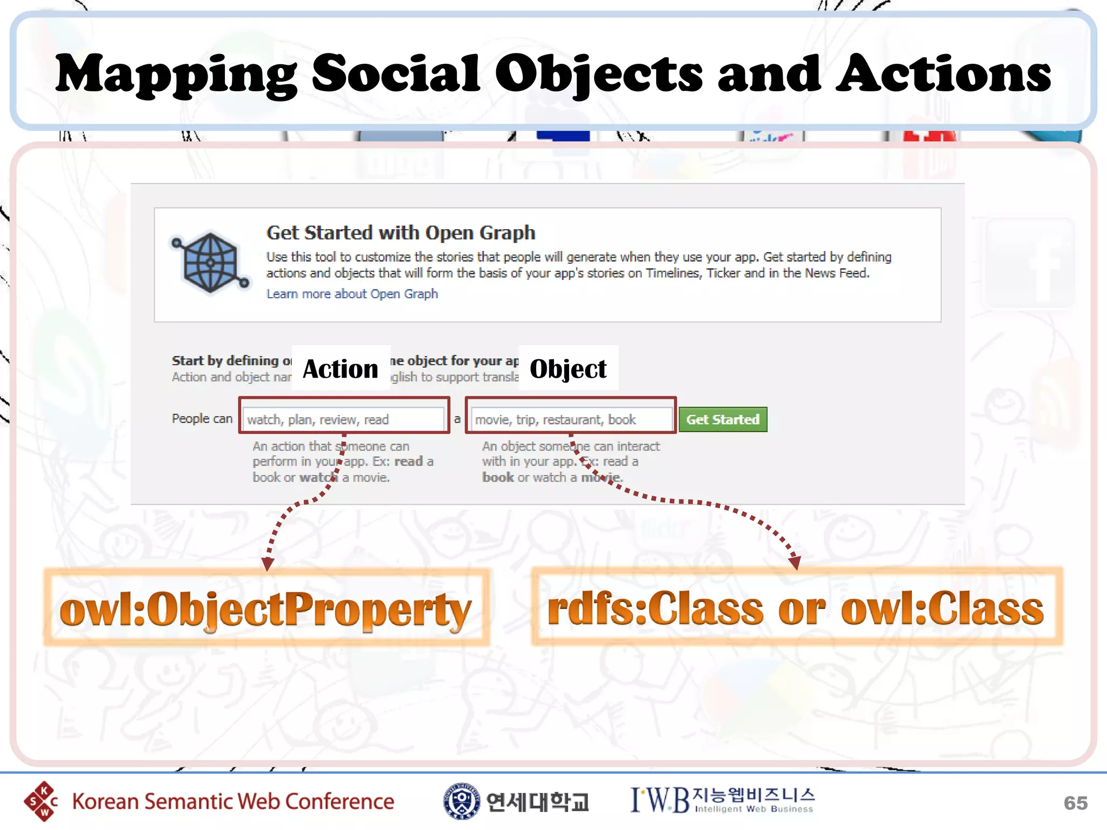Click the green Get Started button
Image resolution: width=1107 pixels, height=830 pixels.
click(x=723, y=419)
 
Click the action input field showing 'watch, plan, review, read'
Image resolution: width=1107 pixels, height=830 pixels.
click(x=344, y=419)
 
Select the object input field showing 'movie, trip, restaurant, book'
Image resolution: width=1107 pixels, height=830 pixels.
click(x=571, y=419)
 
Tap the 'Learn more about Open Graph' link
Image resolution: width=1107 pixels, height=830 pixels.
click(x=352, y=294)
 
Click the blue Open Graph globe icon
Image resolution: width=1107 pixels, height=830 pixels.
click(x=210, y=263)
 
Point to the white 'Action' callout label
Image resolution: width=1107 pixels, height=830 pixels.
click(x=341, y=369)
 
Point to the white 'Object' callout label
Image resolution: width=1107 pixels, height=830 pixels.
click(x=568, y=369)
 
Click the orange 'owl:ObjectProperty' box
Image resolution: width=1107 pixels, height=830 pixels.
click(x=266, y=607)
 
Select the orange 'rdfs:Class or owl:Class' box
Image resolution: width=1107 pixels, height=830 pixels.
click(x=796, y=607)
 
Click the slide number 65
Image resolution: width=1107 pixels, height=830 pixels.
click(x=1075, y=803)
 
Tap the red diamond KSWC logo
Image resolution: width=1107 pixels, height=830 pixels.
click(x=41, y=801)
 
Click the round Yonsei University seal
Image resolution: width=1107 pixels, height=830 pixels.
click(x=461, y=801)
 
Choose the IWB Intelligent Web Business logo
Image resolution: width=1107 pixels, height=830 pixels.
click(x=722, y=800)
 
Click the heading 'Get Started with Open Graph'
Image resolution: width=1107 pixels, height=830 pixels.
click(x=401, y=233)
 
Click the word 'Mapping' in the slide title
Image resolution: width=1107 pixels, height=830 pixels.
click(x=176, y=75)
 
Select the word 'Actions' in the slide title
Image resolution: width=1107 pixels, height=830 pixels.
click(x=943, y=75)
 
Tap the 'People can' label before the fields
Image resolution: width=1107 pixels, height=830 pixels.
click(x=202, y=419)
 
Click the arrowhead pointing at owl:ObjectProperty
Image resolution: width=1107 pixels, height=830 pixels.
click(x=268, y=564)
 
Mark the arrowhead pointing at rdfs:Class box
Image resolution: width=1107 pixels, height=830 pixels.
click(x=794, y=563)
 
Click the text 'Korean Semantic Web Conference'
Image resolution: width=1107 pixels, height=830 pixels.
click(x=233, y=802)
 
